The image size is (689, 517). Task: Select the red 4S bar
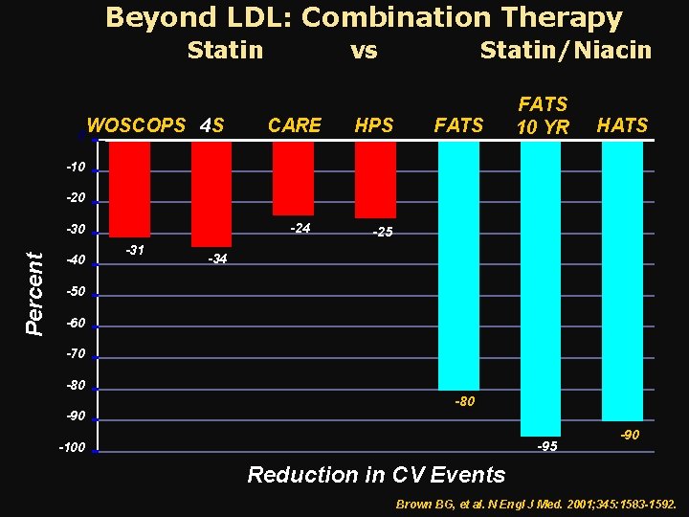click(x=211, y=193)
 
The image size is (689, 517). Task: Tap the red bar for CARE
click(x=293, y=178)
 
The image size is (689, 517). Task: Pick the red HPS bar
click(x=374, y=180)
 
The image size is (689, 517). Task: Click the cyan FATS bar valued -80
click(x=458, y=265)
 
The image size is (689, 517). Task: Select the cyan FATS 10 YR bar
click(x=541, y=288)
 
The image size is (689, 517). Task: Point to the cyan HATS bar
click(x=622, y=281)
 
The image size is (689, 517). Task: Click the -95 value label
click(x=547, y=446)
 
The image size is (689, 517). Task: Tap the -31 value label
click(x=135, y=250)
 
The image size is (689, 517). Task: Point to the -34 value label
click(x=217, y=259)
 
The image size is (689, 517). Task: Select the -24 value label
click(x=300, y=228)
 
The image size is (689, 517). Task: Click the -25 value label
click(x=381, y=233)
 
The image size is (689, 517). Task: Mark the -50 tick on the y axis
click(x=76, y=291)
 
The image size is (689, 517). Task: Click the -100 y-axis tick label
click(x=72, y=448)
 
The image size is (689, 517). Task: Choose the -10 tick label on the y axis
click(x=76, y=168)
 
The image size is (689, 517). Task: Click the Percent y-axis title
click(x=34, y=293)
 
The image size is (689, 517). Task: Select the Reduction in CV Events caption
click(x=376, y=474)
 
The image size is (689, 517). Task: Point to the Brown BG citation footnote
click(x=535, y=504)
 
